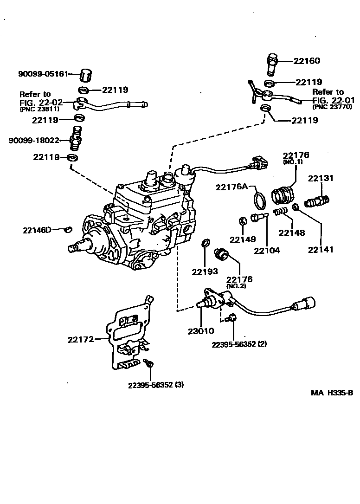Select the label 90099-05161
point(43,73)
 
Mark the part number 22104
point(267,251)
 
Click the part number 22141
point(321,249)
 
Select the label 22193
point(205,271)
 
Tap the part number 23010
point(200,331)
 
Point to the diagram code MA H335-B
point(332,393)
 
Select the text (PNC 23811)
point(39,110)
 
